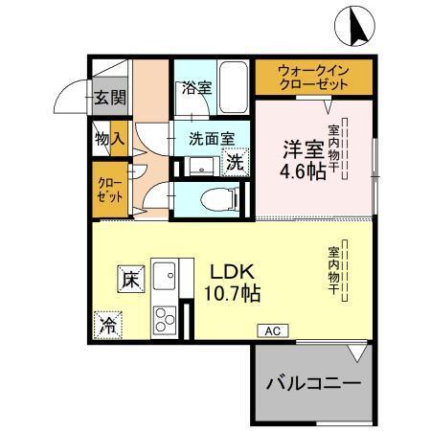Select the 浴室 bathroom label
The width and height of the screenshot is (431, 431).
pyautogui.click(x=197, y=87)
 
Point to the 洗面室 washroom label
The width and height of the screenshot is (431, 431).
pyautogui.click(x=211, y=138)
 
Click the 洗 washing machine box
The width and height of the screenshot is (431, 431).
pyautogui.click(x=235, y=163)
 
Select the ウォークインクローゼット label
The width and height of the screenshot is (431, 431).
pyautogui.click(x=313, y=77)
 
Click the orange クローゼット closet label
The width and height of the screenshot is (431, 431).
pyautogui.click(x=108, y=187)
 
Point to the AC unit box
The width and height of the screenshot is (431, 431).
pyautogui.click(x=271, y=329)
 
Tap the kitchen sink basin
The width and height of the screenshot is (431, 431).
pyautogui.click(x=163, y=278)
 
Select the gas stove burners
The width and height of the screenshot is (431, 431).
pyautogui.click(x=162, y=317)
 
